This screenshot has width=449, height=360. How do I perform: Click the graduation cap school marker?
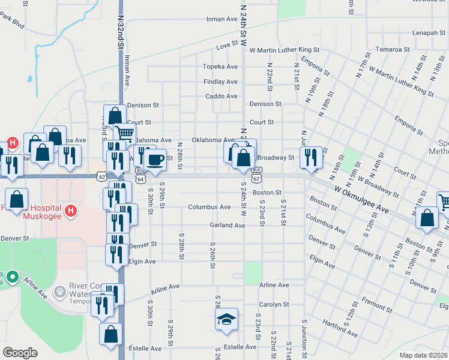click(226, 320)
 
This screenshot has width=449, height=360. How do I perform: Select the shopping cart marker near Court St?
click(124, 133)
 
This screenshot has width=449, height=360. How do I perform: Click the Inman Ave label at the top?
click(221, 19)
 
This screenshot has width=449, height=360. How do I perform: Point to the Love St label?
click(227, 46)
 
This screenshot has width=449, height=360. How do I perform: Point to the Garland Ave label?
click(228, 225)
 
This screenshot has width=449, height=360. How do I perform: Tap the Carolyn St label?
click(274, 304)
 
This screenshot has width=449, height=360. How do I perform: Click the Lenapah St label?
click(428, 33)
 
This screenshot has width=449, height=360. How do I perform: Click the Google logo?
click(20, 352)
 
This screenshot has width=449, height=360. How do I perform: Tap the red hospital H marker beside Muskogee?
click(71, 211)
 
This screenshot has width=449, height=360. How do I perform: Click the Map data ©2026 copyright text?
click(423, 355)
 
